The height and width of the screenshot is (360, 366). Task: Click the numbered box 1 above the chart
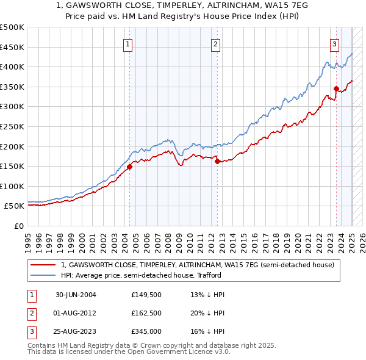pyautogui.click(x=128, y=43)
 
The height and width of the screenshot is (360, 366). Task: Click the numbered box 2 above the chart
pyautogui.click(x=216, y=43)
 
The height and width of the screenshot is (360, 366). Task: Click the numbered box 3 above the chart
pyautogui.click(x=335, y=43)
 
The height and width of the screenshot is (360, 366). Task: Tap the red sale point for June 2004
pyautogui.click(x=129, y=167)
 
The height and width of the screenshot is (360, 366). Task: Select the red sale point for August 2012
pyautogui.click(x=217, y=162)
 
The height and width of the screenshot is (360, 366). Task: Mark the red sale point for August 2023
pyautogui.click(x=336, y=89)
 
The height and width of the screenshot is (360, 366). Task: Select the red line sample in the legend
pyautogui.click(x=43, y=265)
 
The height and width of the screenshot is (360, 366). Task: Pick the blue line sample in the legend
pyautogui.click(x=43, y=275)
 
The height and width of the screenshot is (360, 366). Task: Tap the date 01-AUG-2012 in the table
pyautogui.click(x=76, y=314)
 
